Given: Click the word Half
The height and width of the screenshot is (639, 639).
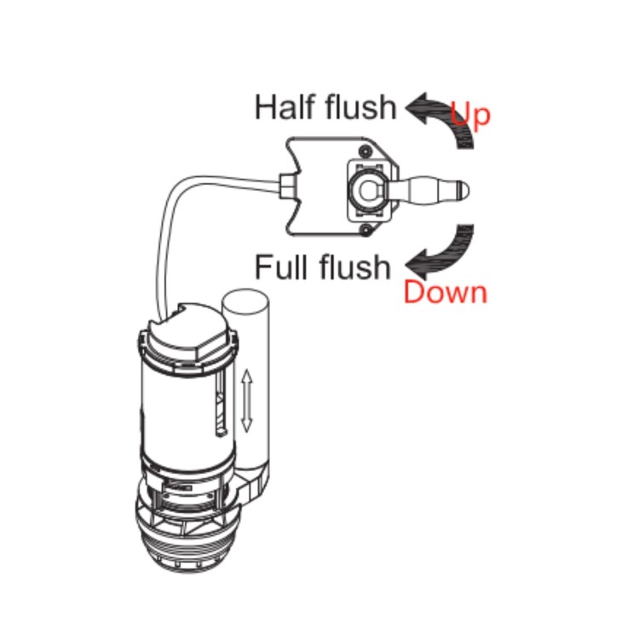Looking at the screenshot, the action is (x=285, y=107).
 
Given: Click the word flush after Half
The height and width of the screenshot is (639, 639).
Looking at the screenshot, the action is (x=360, y=106).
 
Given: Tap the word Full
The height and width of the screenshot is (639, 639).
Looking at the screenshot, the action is (x=282, y=267).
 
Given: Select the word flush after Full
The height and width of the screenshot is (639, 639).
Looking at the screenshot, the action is (x=355, y=267).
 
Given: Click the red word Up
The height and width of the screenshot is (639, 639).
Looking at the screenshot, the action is (x=469, y=114).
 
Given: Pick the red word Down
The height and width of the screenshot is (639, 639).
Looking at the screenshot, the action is (x=446, y=292).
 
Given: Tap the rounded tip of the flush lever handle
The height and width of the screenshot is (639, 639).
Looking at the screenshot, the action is (x=463, y=190).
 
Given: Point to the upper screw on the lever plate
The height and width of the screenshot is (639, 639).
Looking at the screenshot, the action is (x=366, y=152).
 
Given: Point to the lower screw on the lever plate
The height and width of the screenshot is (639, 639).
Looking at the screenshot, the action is (x=366, y=231).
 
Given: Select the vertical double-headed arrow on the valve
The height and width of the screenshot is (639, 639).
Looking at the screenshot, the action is (x=246, y=400).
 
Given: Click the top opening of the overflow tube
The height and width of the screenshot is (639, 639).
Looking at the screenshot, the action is (x=245, y=301).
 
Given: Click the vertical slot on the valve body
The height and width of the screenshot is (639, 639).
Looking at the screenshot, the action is (x=220, y=404).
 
